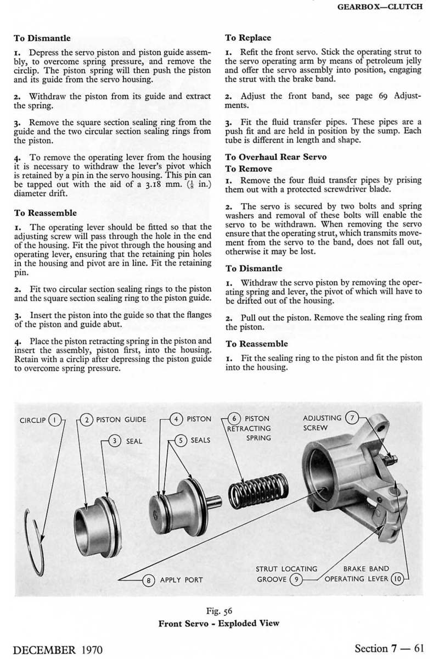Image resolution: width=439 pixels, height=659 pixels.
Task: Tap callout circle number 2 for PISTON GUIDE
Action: tap(87, 420)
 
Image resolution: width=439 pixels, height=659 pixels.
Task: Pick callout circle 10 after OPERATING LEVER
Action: tap(398, 579)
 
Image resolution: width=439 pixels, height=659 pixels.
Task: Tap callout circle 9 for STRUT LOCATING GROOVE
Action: tap(296, 579)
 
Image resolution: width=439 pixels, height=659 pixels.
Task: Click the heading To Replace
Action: tap(248, 38)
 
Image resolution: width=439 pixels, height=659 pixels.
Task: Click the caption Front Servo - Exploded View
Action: tap(218, 623)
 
